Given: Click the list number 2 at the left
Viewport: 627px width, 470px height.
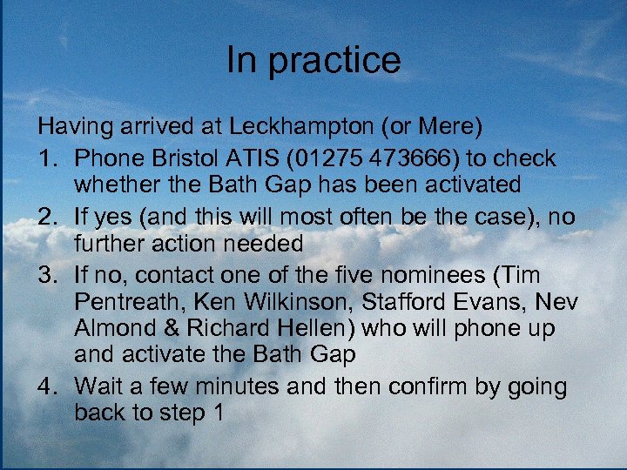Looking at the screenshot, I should pyautogui.click(x=46, y=218).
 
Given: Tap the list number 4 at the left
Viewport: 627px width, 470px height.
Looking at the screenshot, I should pyautogui.click(x=46, y=386).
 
